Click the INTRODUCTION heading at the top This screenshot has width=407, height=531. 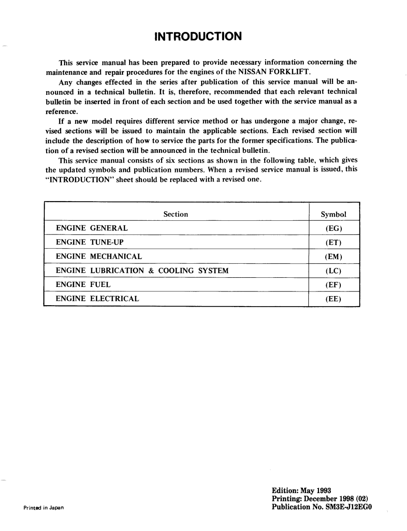point(198,36)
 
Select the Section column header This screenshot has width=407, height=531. point(176,214)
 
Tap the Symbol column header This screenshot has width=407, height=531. point(334,214)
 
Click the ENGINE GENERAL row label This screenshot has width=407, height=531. point(92,228)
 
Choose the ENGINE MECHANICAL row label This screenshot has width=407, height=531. point(99,256)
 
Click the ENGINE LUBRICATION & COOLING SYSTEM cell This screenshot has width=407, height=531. point(142,271)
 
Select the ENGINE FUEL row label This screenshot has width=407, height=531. point(83,285)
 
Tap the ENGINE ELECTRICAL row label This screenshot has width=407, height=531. point(97,299)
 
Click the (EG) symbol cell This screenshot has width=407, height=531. point(334,228)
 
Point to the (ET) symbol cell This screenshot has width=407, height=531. point(334,242)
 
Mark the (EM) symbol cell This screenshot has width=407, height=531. point(334,256)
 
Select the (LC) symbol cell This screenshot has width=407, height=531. point(334,271)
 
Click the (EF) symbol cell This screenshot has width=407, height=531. point(334,285)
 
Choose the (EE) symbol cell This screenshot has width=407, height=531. point(334,299)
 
